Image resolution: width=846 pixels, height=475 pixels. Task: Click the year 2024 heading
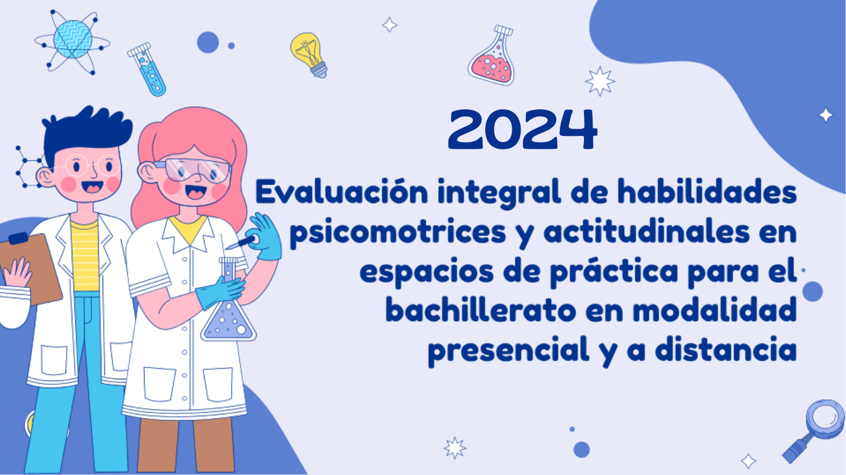pyautogui.click(x=523, y=130)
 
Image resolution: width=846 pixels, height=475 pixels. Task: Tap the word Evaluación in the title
pyautogui.click(x=342, y=192)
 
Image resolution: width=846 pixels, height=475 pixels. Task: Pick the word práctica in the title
pyautogui.click(x=614, y=272)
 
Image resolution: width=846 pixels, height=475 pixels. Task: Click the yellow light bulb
pyautogui.click(x=309, y=55)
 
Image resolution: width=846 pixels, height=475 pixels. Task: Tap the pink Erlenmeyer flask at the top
pyautogui.click(x=492, y=55)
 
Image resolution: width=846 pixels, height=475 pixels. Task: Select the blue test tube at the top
pyautogui.click(x=146, y=69)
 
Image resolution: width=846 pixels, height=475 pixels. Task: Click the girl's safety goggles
pyautogui.click(x=195, y=170)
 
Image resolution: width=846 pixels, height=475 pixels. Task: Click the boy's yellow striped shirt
pyautogui.click(x=85, y=257)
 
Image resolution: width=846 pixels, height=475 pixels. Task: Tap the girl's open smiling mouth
pyautogui.click(x=196, y=192)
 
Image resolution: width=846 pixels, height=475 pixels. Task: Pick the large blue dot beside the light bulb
pyautogui.click(x=208, y=42)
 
